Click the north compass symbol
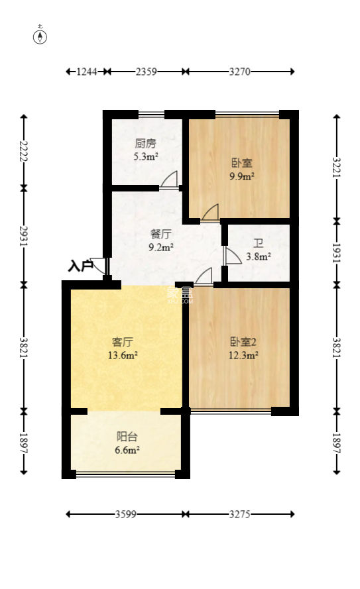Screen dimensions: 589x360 pyautogui.click(x=41, y=36)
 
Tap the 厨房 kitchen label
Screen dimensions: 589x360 pyautogui.click(x=145, y=143)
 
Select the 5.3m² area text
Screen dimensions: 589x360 pyautogui.click(x=146, y=157)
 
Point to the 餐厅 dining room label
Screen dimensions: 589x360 pyautogui.click(x=161, y=234)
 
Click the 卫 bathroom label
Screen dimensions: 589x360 pyautogui.click(x=258, y=243)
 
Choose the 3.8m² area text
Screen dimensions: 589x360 pyautogui.click(x=259, y=257)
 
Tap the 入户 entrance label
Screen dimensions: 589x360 pyautogui.click(x=80, y=266)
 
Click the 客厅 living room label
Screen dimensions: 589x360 pyautogui.click(x=123, y=342)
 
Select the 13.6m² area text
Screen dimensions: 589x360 pyautogui.click(x=123, y=356)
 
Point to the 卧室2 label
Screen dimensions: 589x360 pyautogui.click(x=243, y=342)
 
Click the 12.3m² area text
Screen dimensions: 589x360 pyautogui.click(x=243, y=356)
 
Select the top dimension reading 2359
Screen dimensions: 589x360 pyautogui.click(x=146, y=72)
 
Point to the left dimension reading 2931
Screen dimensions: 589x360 pyautogui.click(x=25, y=236)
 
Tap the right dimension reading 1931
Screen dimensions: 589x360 pyautogui.click(x=336, y=252)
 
